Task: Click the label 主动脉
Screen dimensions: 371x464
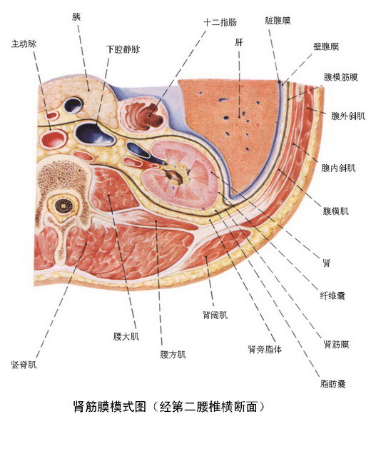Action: [24, 44]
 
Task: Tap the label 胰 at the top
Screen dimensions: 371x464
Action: [76, 17]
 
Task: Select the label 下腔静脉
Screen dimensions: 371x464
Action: [123, 49]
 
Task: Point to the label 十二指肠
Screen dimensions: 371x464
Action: [220, 22]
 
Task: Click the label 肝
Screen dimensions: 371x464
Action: [239, 42]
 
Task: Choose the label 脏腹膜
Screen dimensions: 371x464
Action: [278, 21]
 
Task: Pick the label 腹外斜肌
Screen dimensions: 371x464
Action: [348, 116]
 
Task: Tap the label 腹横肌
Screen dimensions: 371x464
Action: [336, 211]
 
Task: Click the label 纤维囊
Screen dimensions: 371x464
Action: [332, 295]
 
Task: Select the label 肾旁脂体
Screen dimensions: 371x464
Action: [265, 349]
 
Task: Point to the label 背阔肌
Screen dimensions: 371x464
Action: [215, 315]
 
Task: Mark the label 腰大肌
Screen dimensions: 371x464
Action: [126, 336]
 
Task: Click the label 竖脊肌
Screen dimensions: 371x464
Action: [24, 365]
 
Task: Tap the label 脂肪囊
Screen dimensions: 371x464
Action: [333, 384]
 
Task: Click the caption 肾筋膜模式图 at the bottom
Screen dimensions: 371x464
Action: [109, 407]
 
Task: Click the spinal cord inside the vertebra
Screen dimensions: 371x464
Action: [63, 205]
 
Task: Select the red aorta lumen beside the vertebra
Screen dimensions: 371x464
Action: [54, 138]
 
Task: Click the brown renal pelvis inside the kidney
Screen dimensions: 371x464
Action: [173, 176]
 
